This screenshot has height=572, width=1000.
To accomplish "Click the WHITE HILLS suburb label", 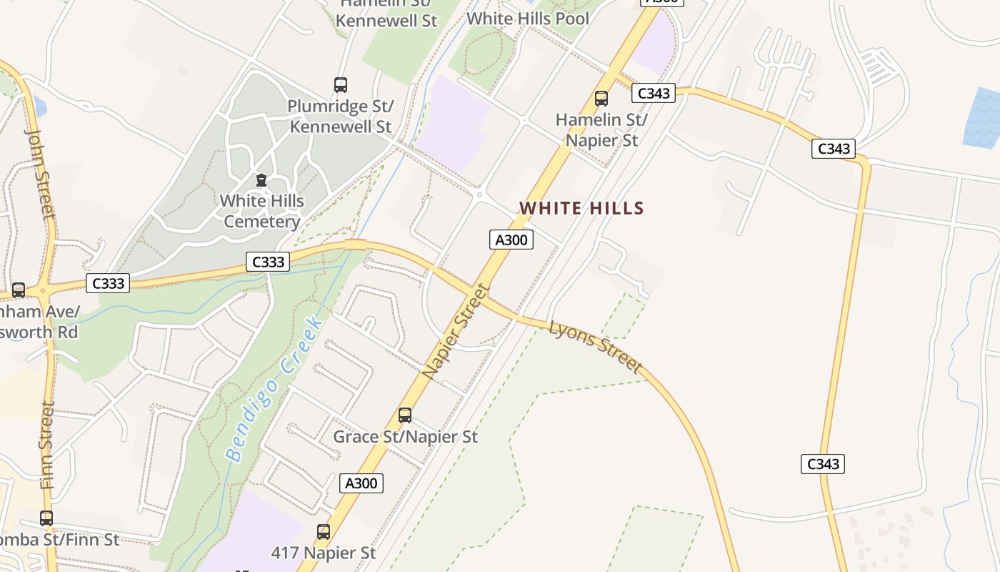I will [581, 208].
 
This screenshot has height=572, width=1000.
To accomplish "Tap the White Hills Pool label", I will [528, 19].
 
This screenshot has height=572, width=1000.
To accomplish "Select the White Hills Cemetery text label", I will [261, 211].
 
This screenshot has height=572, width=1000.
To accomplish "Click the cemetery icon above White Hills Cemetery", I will [261, 180].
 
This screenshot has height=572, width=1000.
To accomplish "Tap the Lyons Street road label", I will [596, 346].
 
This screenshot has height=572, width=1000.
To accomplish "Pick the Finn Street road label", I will [48, 445].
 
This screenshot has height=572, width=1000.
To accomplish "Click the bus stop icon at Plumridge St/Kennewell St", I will [341, 85].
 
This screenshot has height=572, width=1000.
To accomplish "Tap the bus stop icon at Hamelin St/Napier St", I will [601, 99].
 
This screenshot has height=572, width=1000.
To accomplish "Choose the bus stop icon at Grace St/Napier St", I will [405, 415].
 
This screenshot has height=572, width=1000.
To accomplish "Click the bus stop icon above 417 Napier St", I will [324, 532].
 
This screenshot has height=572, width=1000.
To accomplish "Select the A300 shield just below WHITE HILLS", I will [511, 240].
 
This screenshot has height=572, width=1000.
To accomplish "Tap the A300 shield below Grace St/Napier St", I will [361, 483].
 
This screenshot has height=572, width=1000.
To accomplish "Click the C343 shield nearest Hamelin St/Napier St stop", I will [653, 93].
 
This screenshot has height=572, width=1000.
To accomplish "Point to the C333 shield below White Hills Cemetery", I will [269, 262].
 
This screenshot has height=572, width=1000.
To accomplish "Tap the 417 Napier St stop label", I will [324, 553].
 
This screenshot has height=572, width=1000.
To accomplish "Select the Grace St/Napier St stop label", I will [405, 436].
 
